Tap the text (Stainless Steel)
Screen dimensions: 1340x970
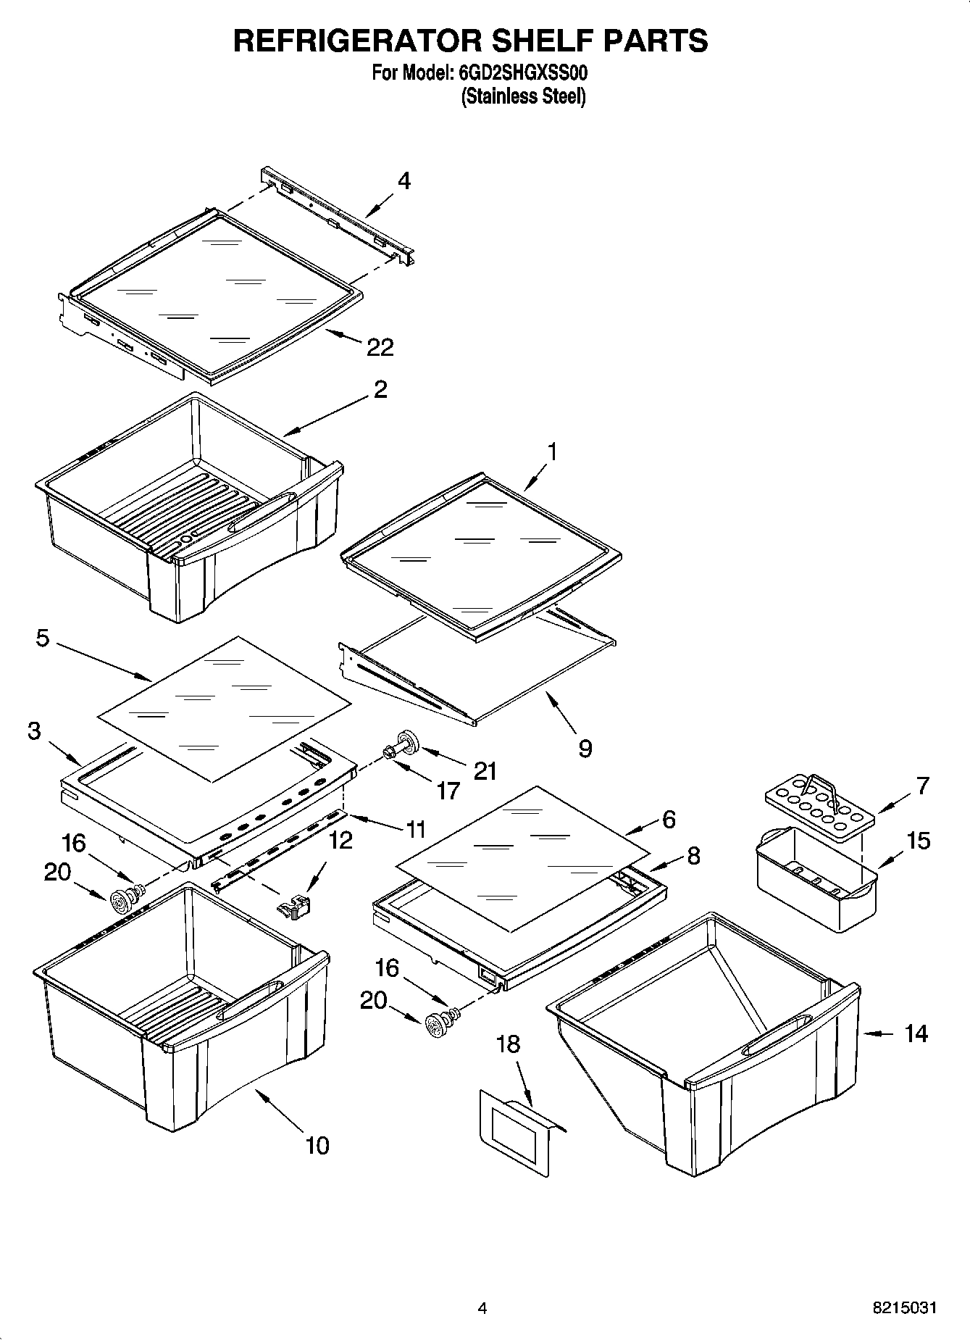tap(523, 96)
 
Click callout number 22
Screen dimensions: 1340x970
tap(380, 348)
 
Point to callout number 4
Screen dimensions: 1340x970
tap(404, 180)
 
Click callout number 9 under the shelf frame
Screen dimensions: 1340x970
tap(585, 748)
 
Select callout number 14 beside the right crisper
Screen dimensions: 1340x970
tap(916, 1033)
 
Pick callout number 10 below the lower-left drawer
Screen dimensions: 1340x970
tap(317, 1146)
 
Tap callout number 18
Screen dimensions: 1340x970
tap(508, 1044)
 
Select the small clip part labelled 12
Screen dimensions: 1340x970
tap(294, 905)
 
